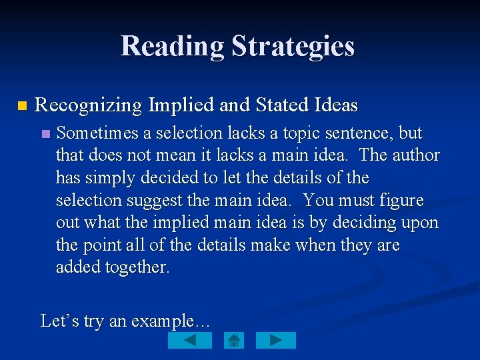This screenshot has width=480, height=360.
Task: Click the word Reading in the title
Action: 173,47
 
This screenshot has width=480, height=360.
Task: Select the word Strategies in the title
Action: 293,47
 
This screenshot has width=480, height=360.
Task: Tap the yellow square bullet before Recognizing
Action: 21,106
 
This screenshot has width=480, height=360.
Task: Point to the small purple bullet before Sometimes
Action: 45,134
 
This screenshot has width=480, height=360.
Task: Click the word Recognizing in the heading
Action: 88,105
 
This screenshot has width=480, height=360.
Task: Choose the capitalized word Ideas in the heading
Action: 336,105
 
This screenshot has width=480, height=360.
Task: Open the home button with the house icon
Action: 234,341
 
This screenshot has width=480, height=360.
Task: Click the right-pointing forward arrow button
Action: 276,341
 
